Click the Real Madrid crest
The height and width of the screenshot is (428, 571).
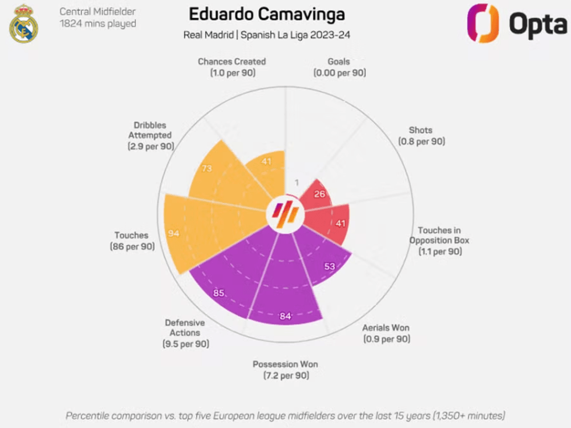23,24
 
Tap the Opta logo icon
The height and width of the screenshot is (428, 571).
483,23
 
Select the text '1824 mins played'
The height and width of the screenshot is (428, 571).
98,24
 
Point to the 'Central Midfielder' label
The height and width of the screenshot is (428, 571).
98,11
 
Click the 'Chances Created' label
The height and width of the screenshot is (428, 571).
232,61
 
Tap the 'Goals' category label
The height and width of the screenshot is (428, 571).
339,61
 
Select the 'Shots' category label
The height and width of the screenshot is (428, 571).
421,130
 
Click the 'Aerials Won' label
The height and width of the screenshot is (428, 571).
386,328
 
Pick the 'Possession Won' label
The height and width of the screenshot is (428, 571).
285,365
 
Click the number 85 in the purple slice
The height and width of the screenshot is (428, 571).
218,293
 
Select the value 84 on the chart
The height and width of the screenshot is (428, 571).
285,316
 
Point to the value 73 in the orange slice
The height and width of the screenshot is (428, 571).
207,169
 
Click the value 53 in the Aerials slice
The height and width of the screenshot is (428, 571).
329,266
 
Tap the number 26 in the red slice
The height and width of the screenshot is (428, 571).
319,193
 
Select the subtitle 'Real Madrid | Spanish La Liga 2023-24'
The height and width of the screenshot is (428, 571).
267,35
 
